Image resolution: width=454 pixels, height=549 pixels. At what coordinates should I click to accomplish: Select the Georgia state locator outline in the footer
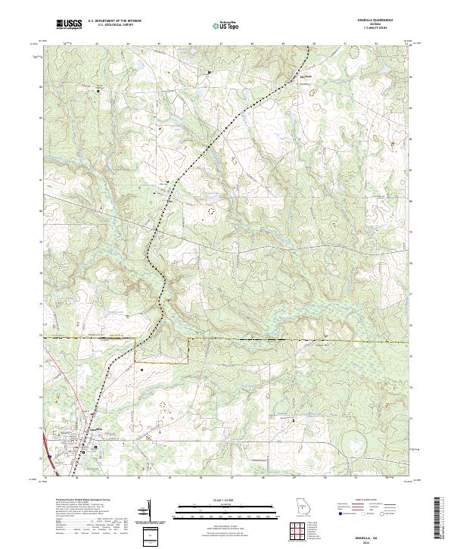tap(301, 507)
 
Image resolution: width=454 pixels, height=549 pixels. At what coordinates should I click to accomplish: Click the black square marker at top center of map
tap(210, 72)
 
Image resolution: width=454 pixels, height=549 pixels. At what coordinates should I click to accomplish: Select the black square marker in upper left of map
tap(98, 91)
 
